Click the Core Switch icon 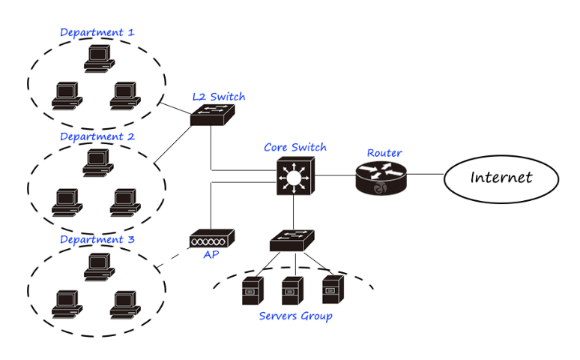coord(295,176)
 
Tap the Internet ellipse coord(501,178)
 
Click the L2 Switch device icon coord(213,114)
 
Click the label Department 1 coord(97,32)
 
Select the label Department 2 coord(97,136)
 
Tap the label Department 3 coord(97,239)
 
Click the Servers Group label coord(295,316)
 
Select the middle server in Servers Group coord(291,289)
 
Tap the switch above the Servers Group coord(292,239)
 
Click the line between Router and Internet coord(425,175)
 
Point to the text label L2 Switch coord(218,97)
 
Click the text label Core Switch coord(295,147)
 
